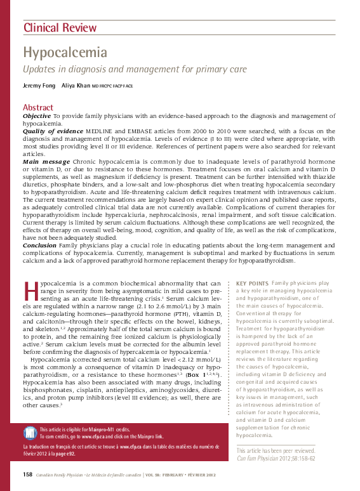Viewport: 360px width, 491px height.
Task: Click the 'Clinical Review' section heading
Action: [60, 27]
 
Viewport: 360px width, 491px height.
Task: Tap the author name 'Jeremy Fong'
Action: [39, 86]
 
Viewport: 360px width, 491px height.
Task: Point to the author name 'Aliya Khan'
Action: [76, 86]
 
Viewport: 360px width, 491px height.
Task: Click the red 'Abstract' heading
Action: [38, 107]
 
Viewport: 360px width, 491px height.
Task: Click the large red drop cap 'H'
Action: [30, 290]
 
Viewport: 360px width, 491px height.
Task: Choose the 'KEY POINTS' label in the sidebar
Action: [251, 282]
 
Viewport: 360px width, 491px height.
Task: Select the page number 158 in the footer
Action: [27, 475]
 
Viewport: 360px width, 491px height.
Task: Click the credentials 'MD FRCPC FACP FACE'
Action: [112, 86]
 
